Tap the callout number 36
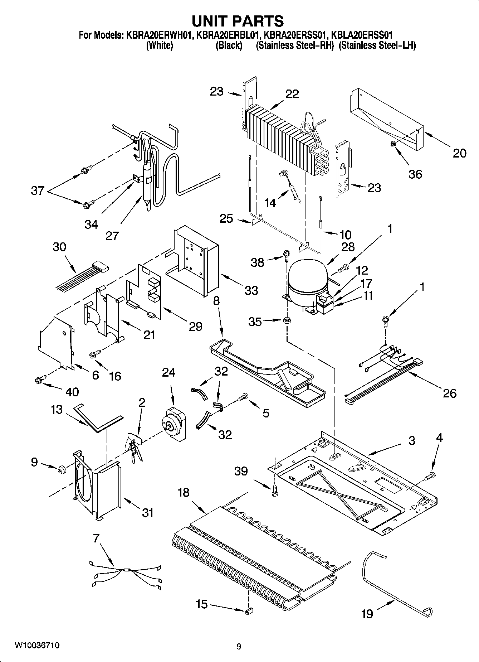click(x=415, y=174)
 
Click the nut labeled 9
click(x=62, y=469)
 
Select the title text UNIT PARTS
click(x=238, y=21)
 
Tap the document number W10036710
click(x=37, y=646)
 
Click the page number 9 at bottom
click(x=239, y=646)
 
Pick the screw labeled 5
click(x=244, y=396)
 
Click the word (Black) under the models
click(x=229, y=46)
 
